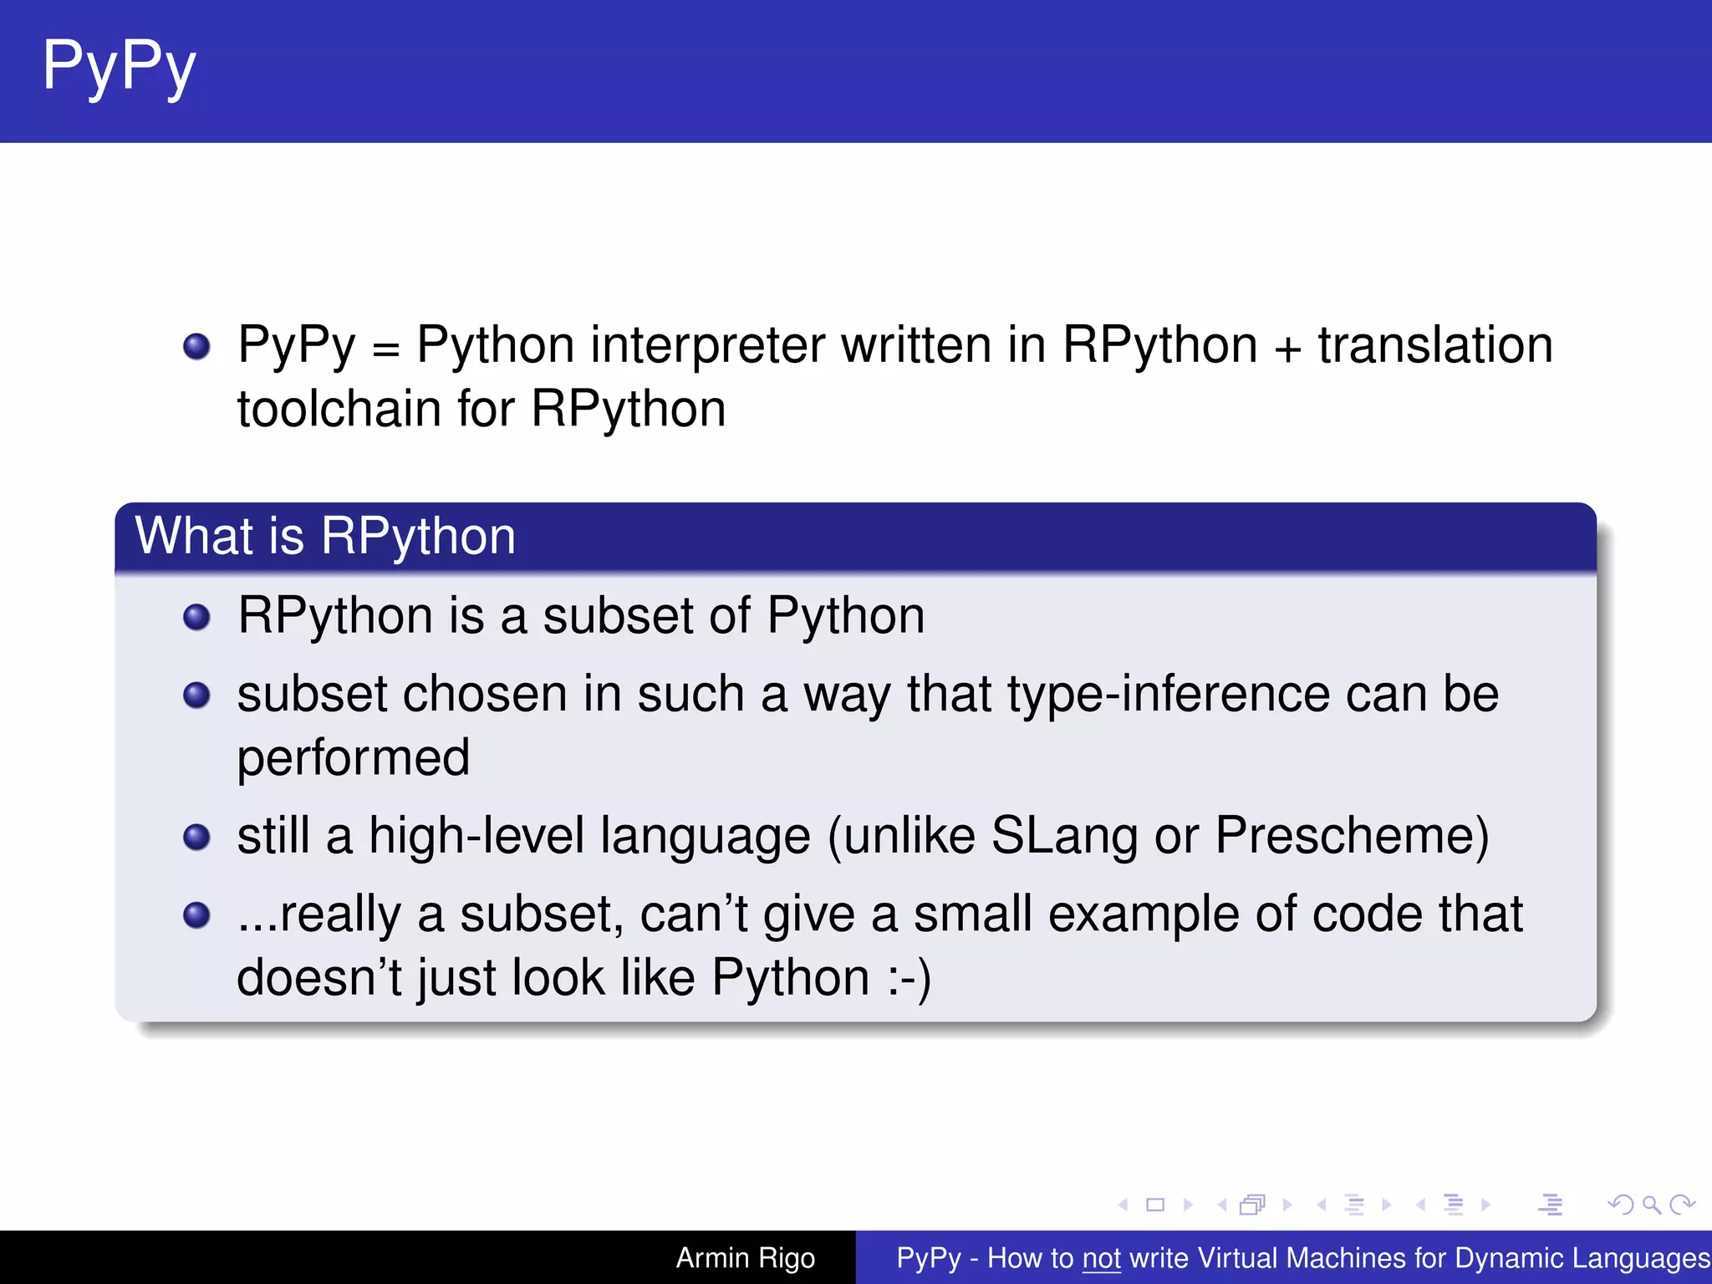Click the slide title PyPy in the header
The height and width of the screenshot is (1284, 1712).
tap(120, 67)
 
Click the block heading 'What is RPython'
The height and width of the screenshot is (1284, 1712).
tap(325, 536)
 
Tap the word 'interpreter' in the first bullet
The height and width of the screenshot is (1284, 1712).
tap(707, 345)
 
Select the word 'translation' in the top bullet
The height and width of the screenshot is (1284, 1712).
tap(1435, 345)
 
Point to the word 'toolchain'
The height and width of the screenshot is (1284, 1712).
tap(339, 410)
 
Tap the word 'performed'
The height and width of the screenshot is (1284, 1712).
tap(354, 758)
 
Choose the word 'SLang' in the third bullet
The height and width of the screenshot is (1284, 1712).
tap(1064, 835)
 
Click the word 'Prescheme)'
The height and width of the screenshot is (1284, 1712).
tap(1352, 835)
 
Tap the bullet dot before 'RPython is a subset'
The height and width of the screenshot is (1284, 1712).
tap(196, 618)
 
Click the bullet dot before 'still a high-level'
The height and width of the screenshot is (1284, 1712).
tap(196, 837)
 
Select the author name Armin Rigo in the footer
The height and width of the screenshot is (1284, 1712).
tap(745, 1257)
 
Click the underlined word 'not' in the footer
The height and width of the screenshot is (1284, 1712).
tap(1101, 1258)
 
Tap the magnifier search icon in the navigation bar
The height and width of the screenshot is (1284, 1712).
tap(1651, 1205)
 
